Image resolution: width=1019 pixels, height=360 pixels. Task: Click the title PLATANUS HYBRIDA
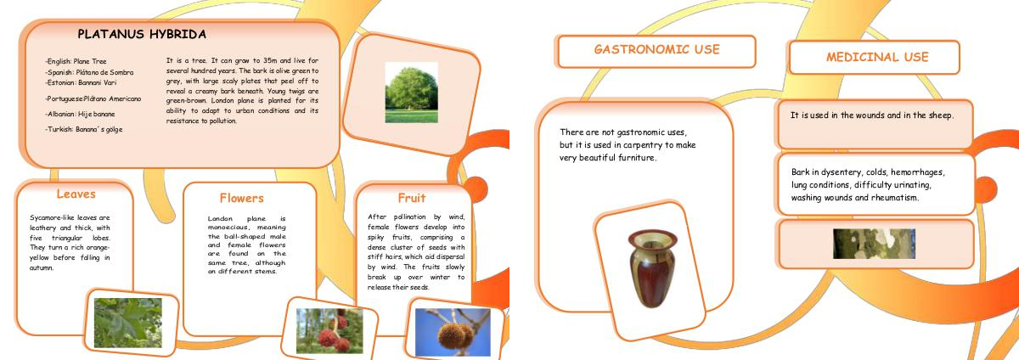click(x=142, y=34)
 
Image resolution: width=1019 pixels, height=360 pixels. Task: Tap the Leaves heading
click(x=76, y=194)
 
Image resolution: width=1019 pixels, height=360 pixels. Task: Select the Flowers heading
click(x=241, y=198)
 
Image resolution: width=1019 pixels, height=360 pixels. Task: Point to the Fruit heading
click(x=412, y=198)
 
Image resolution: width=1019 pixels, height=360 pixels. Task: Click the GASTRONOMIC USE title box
click(x=656, y=52)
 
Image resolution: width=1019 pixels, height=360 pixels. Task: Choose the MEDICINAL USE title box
click(x=875, y=58)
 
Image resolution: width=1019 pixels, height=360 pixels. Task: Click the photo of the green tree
click(x=411, y=93)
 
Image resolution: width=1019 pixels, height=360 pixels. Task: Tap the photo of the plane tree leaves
click(x=128, y=323)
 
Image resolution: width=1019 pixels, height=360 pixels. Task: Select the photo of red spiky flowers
click(x=329, y=331)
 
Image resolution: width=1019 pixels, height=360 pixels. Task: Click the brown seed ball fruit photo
click(x=453, y=332)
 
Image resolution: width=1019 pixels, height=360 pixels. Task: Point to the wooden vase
click(x=652, y=268)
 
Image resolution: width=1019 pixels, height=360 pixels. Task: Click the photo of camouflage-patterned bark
click(x=874, y=244)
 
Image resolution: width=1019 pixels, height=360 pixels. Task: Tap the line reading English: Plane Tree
click(x=76, y=61)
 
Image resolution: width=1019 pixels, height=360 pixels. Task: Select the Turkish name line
click(x=84, y=129)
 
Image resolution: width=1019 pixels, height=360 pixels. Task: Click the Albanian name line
click(x=80, y=114)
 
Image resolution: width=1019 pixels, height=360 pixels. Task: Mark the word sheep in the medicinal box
click(x=940, y=115)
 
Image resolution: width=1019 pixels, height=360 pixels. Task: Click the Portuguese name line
click(x=93, y=98)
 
